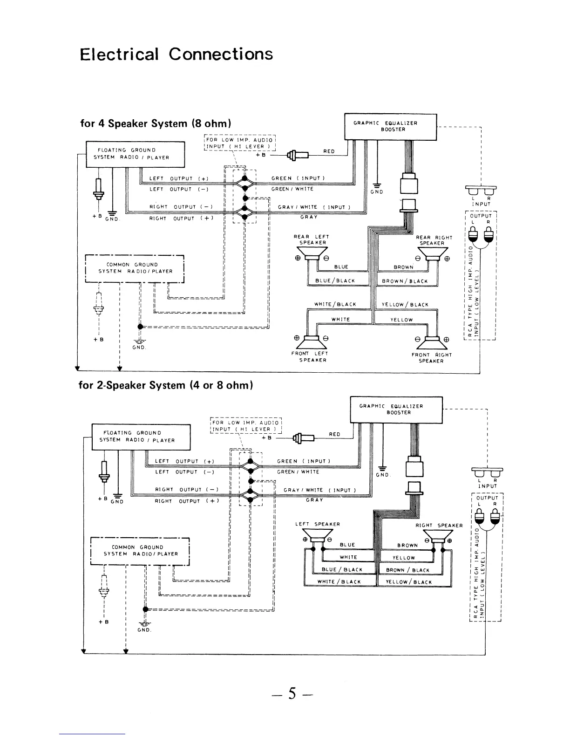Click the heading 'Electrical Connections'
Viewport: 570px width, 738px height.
point(176,55)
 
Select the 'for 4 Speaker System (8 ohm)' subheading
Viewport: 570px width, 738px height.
point(156,123)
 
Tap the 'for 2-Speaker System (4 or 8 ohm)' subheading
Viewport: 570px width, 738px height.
point(166,385)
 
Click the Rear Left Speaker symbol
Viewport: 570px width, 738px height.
point(312,254)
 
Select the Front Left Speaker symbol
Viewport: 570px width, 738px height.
point(312,342)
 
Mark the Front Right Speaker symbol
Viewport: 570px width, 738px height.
point(432,343)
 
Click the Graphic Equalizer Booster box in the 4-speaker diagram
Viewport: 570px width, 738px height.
point(390,127)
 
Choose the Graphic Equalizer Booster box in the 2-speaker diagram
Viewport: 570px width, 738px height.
point(396,410)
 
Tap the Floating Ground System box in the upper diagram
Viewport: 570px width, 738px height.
point(135,154)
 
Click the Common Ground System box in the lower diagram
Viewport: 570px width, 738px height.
point(140,551)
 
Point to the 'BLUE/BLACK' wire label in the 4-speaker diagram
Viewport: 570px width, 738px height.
point(335,281)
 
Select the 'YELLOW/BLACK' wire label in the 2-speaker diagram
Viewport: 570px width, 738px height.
point(409,582)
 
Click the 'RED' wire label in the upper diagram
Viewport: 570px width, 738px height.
point(329,151)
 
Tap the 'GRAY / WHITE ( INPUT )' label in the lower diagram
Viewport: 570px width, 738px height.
point(320,490)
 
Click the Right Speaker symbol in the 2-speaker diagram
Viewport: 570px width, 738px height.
point(438,537)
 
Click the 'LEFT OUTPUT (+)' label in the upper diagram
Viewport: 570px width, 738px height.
point(179,178)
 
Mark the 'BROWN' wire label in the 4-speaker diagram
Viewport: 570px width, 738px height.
point(404,267)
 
